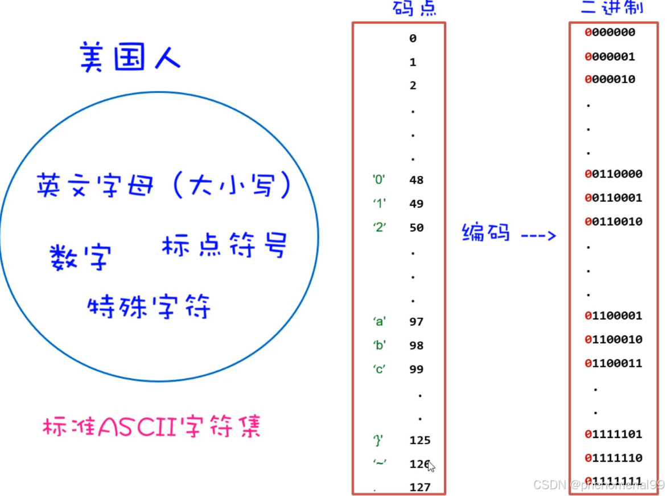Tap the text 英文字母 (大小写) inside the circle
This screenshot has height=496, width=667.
(164, 186)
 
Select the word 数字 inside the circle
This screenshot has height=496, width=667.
(79, 257)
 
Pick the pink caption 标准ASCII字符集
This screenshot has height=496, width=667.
(151, 428)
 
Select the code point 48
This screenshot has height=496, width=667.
(416, 180)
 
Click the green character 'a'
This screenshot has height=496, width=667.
(379, 321)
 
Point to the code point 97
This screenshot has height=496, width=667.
(416, 322)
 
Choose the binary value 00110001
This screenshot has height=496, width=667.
(613, 198)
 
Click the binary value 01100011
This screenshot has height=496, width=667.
(613, 363)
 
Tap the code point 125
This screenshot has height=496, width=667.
(420, 440)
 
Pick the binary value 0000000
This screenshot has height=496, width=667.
(610, 32)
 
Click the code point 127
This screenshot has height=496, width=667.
(420, 487)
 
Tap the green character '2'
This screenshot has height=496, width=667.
(379, 227)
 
